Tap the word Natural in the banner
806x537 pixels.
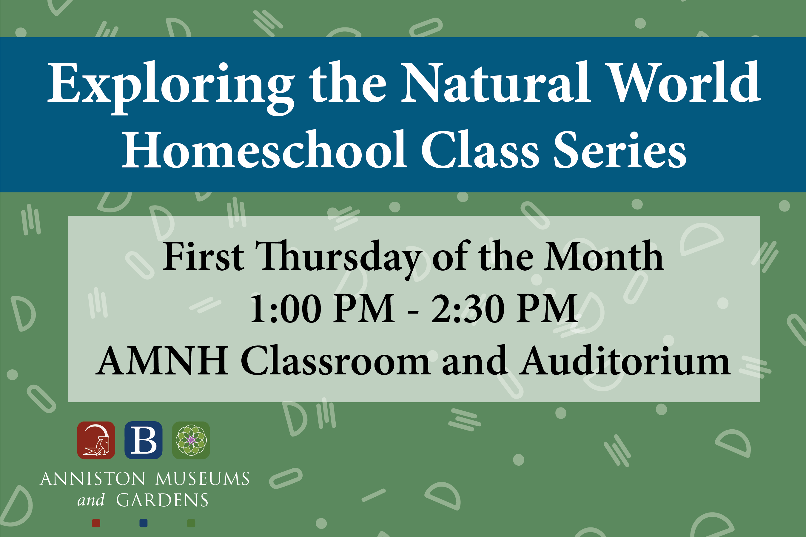click(495, 82)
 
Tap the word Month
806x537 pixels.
click(604, 256)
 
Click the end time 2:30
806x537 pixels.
click(468, 308)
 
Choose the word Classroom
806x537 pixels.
click(335, 360)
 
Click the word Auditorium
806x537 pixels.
click(625, 360)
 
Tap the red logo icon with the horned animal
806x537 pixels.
click(96, 440)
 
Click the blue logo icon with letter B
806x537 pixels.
click(143, 440)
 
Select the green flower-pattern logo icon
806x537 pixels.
click(191, 440)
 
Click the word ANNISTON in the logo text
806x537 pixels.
click(93, 479)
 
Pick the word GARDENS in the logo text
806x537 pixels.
click(162, 500)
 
